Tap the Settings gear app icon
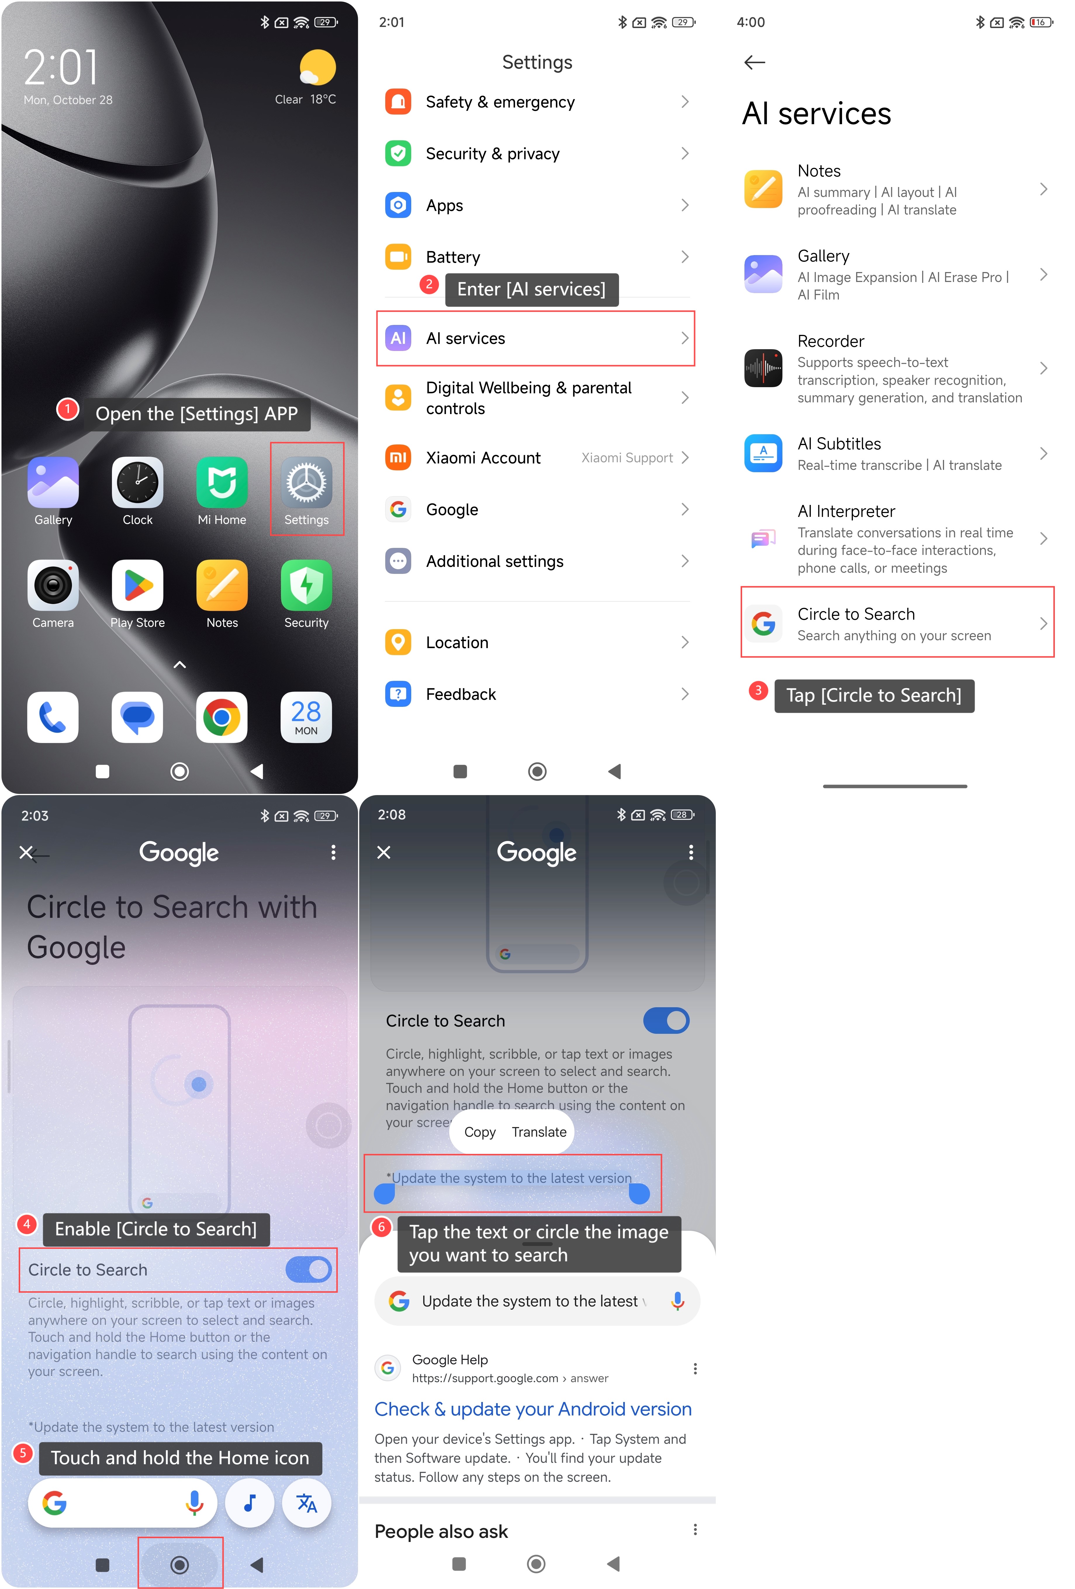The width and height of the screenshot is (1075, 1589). (306, 483)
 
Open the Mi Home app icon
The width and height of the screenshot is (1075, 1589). (222, 483)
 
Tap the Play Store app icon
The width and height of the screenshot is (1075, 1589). (137, 585)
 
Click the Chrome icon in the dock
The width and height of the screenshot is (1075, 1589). (222, 717)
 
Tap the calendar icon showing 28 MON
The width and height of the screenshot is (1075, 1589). (306, 717)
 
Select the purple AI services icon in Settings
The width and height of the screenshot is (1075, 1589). (398, 338)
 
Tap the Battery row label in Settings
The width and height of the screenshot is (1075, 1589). (453, 257)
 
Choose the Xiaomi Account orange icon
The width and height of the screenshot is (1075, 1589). (398, 457)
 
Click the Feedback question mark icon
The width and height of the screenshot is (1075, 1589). (398, 694)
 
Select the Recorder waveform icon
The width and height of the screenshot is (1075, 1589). (763, 368)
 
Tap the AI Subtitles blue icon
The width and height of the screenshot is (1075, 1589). (763, 453)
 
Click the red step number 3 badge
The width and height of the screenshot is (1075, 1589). (758, 690)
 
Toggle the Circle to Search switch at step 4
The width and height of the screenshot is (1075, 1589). (308, 1270)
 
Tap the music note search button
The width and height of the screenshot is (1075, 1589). (250, 1503)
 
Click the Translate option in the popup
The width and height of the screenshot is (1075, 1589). (539, 1132)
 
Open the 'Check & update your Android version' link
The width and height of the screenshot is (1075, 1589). (533, 1409)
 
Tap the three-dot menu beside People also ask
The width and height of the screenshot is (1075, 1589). (695, 1529)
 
